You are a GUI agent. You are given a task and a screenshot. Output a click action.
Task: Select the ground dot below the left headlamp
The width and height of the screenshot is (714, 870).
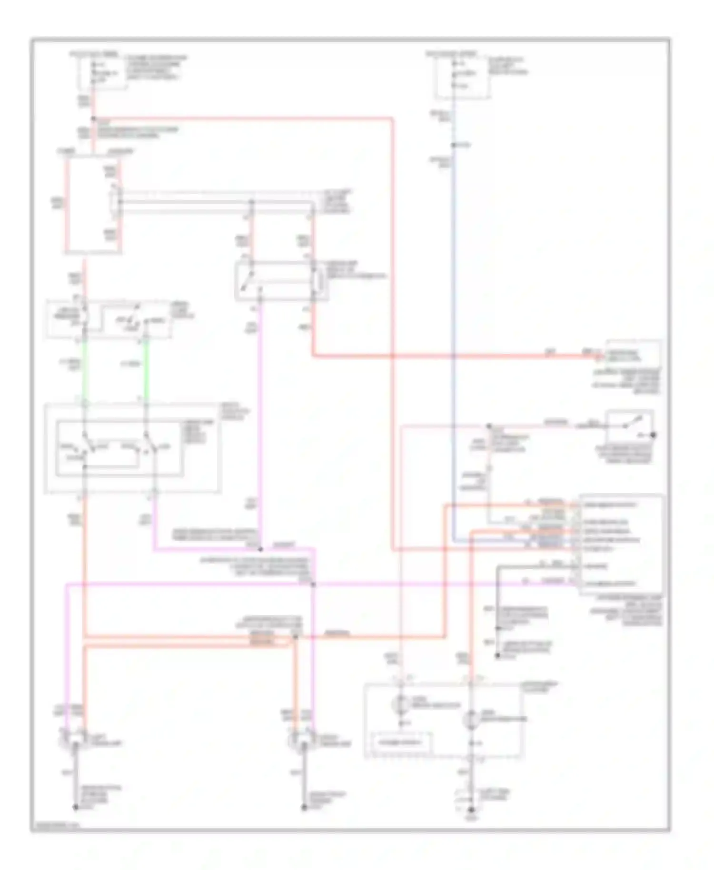[75, 807]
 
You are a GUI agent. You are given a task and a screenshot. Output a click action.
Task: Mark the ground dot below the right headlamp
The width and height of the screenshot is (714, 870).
[304, 807]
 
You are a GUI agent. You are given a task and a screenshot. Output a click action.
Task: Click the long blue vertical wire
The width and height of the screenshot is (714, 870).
[453, 333]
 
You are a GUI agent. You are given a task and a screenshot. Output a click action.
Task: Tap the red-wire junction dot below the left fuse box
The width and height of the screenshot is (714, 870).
[93, 119]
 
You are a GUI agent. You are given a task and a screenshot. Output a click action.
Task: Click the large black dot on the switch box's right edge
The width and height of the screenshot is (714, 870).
[654, 435]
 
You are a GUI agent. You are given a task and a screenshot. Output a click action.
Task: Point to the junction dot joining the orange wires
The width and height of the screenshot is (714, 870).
[295, 637]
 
